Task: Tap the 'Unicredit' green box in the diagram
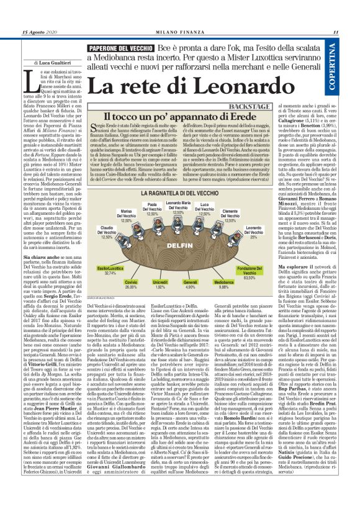coord(161,281)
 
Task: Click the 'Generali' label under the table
coord(191,281)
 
